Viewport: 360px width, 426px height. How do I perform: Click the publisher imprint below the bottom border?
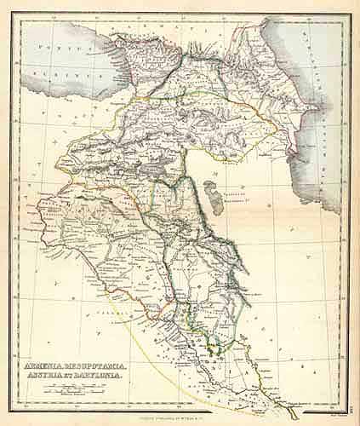[180, 415]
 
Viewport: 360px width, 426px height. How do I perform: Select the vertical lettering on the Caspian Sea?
[332, 111]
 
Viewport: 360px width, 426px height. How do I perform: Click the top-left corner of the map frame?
[13, 14]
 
